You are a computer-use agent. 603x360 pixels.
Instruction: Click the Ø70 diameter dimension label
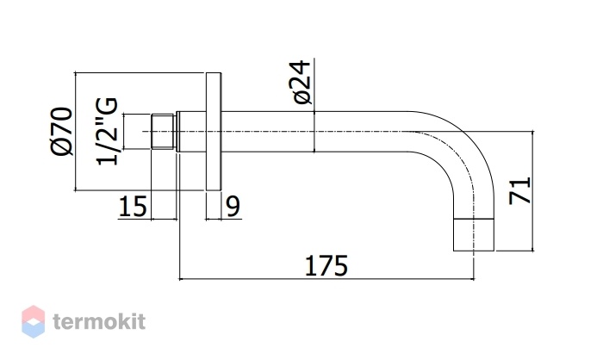[61, 131]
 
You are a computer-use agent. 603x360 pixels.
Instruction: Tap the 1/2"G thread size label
[107, 132]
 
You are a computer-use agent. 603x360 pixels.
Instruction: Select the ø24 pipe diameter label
[301, 82]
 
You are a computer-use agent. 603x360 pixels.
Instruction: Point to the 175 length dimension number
[326, 265]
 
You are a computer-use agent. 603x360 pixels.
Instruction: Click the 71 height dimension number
[520, 191]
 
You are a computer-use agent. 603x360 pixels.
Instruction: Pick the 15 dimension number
[133, 207]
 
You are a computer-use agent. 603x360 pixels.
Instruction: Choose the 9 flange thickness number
[233, 206]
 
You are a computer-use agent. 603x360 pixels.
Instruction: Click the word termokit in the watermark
[99, 321]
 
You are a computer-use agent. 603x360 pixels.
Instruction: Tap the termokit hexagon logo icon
[33, 321]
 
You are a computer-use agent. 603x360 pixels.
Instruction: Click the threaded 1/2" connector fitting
[163, 131]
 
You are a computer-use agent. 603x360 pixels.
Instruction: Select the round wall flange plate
[214, 131]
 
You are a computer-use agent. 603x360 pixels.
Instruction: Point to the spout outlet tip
[474, 235]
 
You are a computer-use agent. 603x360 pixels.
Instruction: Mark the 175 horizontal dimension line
[326, 278]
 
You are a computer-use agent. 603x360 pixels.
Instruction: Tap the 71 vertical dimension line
[532, 191]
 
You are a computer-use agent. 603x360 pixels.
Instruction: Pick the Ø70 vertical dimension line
[75, 131]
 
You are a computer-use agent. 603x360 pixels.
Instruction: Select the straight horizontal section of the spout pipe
[314, 132]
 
